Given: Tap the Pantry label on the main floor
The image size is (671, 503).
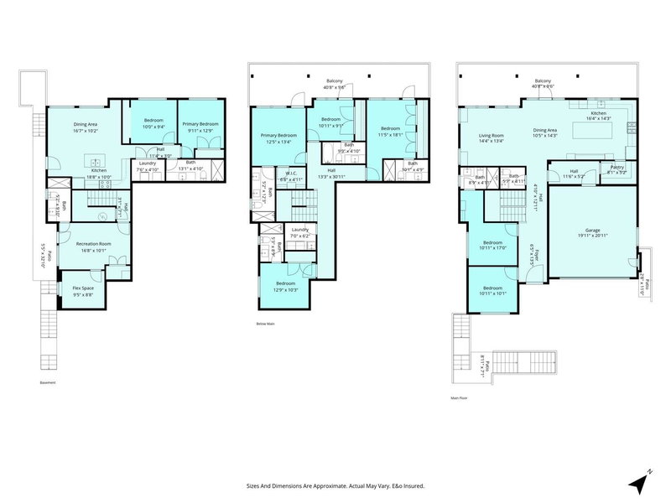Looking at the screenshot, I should point(617,167).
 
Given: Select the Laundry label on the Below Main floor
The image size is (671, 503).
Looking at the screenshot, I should point(299,232).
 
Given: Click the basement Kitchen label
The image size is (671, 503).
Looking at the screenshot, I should point(99,171).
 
